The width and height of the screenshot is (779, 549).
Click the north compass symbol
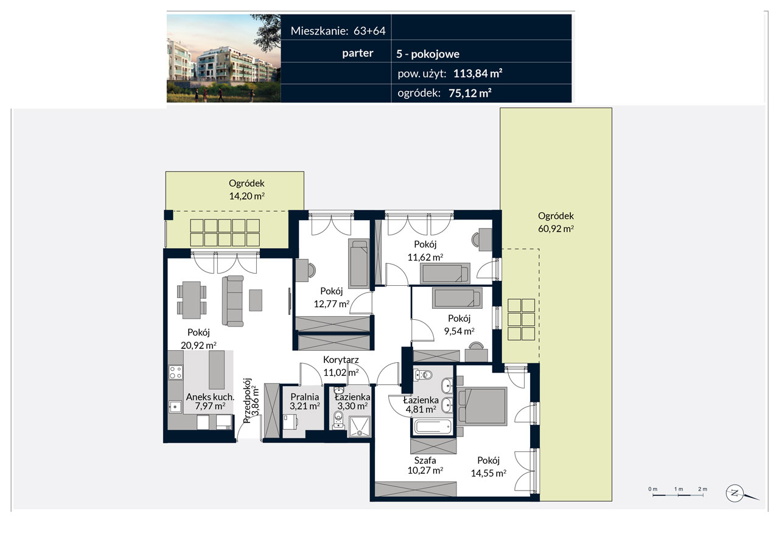coord(735,493)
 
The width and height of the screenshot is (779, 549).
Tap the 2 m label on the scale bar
coord(702,489)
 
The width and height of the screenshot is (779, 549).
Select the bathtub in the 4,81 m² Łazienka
coord(432,426)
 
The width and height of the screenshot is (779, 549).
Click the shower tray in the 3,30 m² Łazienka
coord(359,427)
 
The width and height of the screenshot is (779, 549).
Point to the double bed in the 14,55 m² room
coord(481,406)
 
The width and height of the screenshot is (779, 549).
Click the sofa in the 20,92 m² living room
coord(232,301)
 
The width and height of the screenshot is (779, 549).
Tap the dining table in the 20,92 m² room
coord(192,300)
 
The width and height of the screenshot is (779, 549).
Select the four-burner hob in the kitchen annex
coord(176,372)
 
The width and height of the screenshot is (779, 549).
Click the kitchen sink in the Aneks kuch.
coord(175,406)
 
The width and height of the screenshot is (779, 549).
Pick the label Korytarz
coord(341,360)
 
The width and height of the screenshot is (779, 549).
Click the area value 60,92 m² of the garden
coord(556,229)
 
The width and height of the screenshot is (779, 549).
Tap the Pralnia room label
coord(305,396)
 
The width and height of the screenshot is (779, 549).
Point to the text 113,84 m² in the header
coord(478,74)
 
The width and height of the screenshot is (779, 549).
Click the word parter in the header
coord(357,53)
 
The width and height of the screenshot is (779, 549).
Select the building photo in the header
coord(223,58)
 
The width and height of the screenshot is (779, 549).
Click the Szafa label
coord(425,460)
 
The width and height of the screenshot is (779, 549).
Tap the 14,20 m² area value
coord(246,196)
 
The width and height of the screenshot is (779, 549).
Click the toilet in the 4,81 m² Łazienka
coord(423,375)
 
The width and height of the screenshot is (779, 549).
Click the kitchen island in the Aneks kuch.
coord(216,370)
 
